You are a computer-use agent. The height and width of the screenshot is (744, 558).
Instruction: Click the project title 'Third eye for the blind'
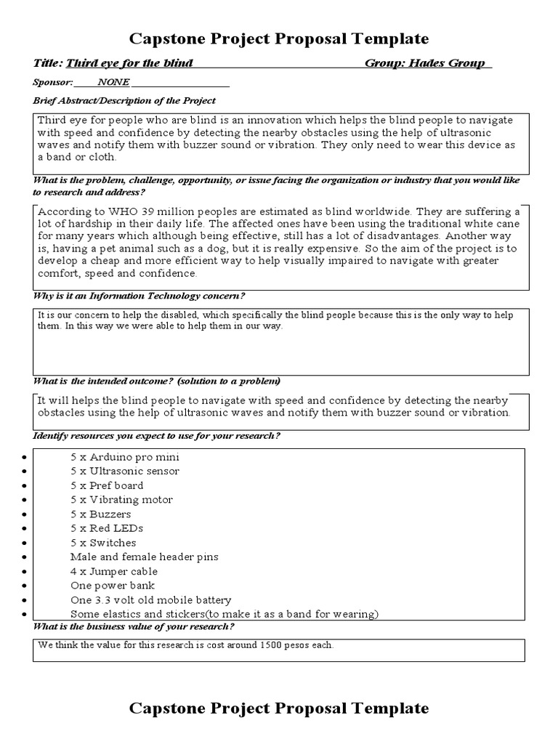click(129, 63)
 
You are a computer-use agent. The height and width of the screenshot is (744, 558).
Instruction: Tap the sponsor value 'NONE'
click(113, 82)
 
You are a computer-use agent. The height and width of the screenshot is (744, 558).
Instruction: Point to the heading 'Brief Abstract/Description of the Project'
click(124, 100)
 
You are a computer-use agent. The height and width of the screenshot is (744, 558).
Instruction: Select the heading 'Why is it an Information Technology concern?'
click(139, 296)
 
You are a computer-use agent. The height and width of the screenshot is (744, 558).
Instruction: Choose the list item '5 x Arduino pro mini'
click(124, 457)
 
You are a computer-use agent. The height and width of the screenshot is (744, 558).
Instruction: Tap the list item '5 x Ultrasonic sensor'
click(124, 471)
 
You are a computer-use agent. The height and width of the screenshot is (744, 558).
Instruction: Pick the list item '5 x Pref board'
click(107, 485)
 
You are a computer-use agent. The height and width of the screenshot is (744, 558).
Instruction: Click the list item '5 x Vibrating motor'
click(121, 500)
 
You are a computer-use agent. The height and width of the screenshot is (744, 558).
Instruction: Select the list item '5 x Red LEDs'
click(107, 528)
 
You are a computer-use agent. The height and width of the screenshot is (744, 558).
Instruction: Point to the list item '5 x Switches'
click(103, 543)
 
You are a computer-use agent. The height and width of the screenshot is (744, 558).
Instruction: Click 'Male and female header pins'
click(144, 557)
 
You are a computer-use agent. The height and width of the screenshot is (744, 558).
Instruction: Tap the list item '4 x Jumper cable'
click(114, 571)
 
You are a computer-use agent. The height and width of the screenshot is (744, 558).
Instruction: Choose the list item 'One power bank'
click(113, 586)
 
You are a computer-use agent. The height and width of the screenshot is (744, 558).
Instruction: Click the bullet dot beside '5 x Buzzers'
click(25, 514)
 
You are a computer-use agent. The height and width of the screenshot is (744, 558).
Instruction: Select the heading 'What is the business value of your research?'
click(134, 627)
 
